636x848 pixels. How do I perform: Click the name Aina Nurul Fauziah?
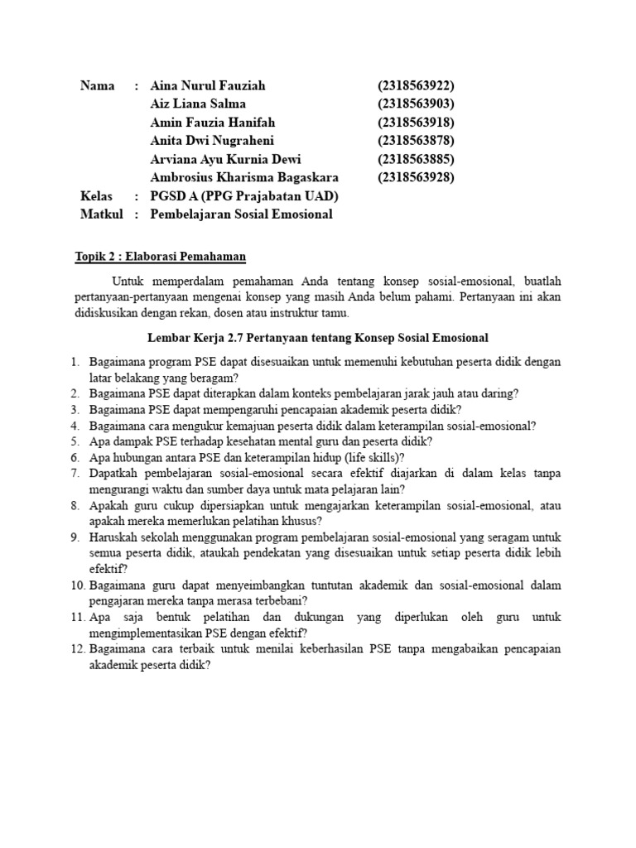pyautogui.click(x=208, y=86)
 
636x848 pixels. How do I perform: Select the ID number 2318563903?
pyautogui.click(x=417, y=104)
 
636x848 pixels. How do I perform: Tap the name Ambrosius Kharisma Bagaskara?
pyautogui.click(x=244, y=177)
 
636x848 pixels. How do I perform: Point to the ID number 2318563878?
pyautogui.click(x=417, y=141)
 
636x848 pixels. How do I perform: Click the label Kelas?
pyautogui.click(x=96, y=196)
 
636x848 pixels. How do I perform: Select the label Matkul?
pyautogui.click(x=101, y=214)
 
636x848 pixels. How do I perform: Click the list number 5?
pyautogui.click(x=74, y=441)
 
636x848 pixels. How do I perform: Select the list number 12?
pyautogui.click(x=77, y=649)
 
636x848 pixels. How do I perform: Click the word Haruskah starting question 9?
pyautogui.click(x=113, y=537)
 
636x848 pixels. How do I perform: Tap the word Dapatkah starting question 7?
pyautogui.click(x=114, y=474)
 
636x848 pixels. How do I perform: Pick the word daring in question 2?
pyautogui.click(x=499, y=393)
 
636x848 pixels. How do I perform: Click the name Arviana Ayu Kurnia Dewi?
pyautogui.click(x=226, y=159)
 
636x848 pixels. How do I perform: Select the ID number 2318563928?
pyautogui.click(x=417, y=177)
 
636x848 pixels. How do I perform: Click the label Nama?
pyautogui.click(x=97, y=86)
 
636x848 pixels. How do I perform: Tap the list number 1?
pyautogui.click(x=74, y=362)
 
